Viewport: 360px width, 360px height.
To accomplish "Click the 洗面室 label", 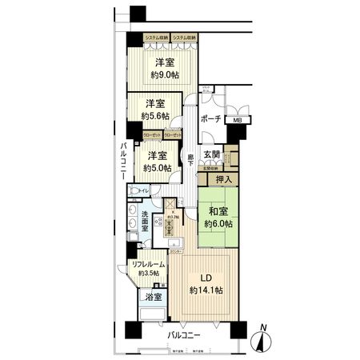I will point(150,219).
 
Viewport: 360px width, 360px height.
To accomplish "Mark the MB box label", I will point(236,120).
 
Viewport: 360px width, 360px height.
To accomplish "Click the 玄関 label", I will point(211,155).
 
